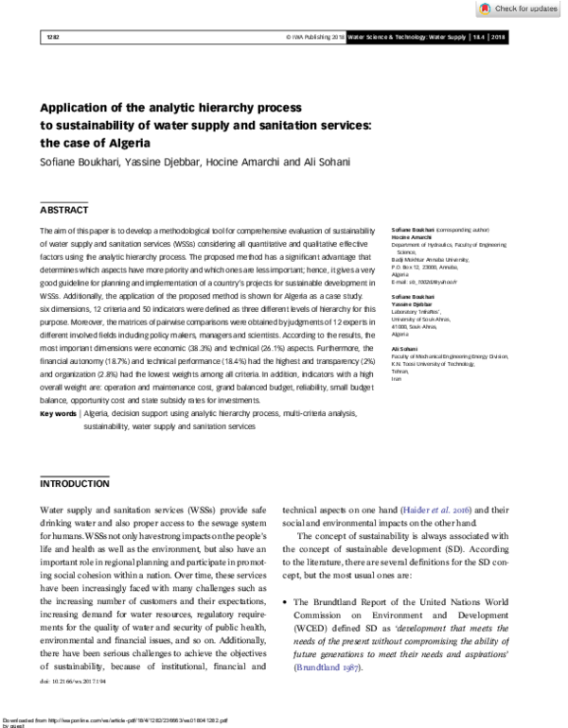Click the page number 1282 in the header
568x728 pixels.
pos(53,37)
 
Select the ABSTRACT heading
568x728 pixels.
pos(64,209)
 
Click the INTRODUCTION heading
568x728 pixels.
pos(74,483)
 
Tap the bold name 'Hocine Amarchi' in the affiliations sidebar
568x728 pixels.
pos(414,236)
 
